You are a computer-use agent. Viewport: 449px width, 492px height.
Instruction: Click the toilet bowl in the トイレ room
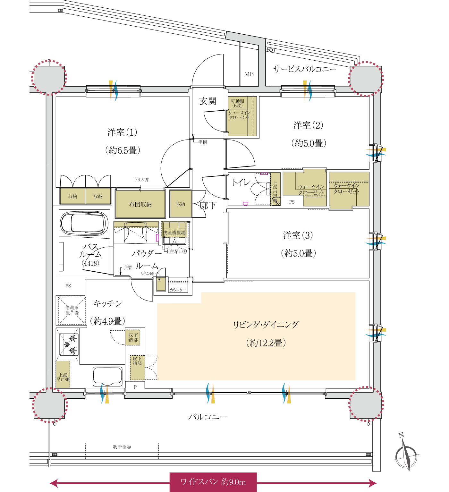coord(260,189)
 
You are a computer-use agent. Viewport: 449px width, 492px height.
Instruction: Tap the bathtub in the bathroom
coord(84,224)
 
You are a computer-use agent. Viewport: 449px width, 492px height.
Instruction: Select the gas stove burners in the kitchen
coord(69,344)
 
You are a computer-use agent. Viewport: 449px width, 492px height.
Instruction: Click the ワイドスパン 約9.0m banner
coord(213,482)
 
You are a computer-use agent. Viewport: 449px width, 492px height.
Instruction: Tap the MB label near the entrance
coord(249,74)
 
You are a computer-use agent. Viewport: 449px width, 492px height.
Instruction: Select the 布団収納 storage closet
coord(140,204)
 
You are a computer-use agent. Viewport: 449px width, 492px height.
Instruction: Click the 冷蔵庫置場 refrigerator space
coord(72,310)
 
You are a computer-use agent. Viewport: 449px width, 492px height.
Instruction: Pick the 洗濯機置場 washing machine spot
coord(174,233)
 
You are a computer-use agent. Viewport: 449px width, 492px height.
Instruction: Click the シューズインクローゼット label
coord(239,115)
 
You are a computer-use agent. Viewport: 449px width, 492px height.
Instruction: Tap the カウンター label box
coord(178,290)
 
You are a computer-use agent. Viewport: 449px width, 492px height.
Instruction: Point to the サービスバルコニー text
coord(304,69)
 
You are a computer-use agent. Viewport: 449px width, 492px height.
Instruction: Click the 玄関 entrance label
coord(208,101)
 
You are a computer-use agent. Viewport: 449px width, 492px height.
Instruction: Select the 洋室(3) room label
coord(298,235)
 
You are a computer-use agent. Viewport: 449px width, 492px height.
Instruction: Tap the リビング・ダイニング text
coord(266,325)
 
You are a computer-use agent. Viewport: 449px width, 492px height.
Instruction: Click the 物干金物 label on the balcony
coord(122,447)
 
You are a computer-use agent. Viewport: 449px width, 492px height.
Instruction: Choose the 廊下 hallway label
coord(208,206)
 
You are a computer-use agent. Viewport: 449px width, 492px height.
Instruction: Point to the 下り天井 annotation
coord(141,180)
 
